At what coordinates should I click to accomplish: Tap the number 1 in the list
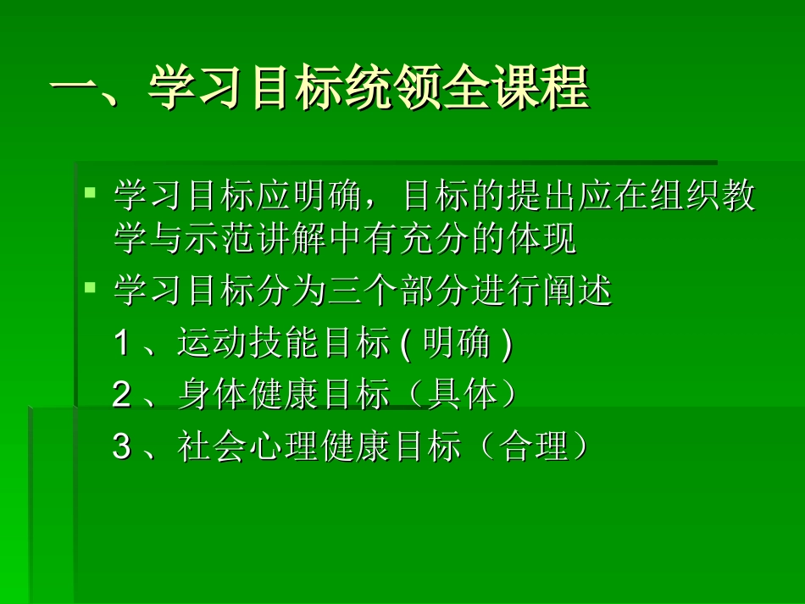pos(122,344)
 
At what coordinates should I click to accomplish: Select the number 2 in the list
pos(122,396)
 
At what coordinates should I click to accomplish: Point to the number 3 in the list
pos(122,447)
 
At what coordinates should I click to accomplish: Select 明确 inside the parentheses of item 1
pos(458,344)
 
